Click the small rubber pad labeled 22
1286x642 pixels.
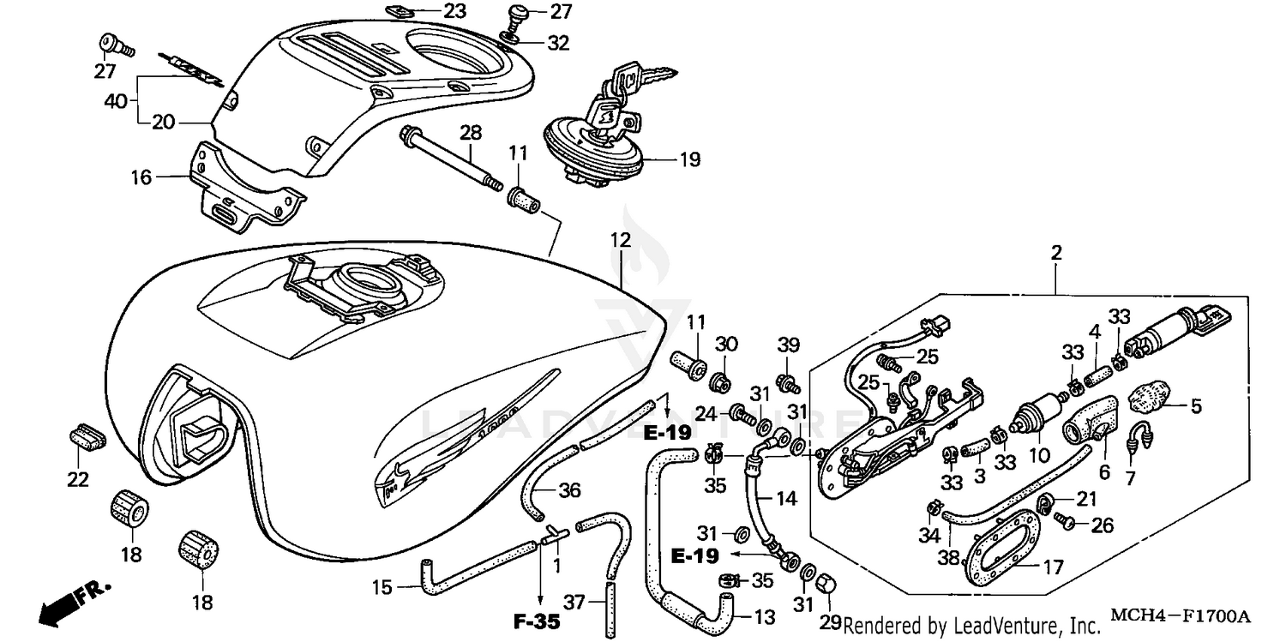pyautogui.click(x=85, y=435)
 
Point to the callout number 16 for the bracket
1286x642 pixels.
pyautogui.click(x=141, y=177)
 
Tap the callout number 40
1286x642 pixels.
pyautogui.click(x=115, y=101)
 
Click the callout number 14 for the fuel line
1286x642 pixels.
pyautogui.click(x=787, y=498)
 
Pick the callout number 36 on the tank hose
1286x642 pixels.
pyautogui.click(x=569, y=491)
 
